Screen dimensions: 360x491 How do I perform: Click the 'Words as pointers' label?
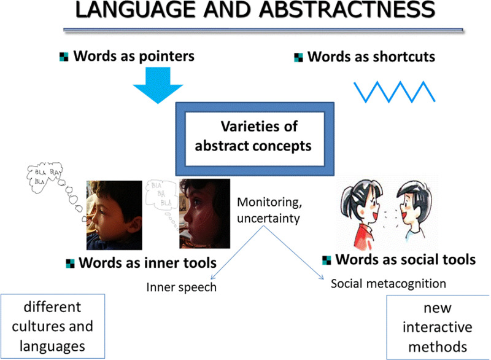134,57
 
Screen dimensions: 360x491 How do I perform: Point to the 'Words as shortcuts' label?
371,57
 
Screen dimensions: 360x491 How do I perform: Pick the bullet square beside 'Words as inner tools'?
70,264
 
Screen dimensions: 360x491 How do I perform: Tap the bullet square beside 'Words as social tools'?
326,259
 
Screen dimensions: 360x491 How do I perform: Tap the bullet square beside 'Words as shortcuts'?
299,58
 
